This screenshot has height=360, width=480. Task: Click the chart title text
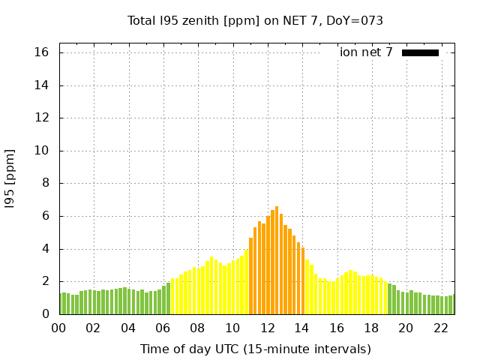(x=255, y=20)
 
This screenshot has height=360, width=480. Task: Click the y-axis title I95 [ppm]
(x=10, y=178)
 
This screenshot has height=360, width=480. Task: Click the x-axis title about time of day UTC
(x=255, y=349)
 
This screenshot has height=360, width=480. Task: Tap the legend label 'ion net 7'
(x=366, y=52)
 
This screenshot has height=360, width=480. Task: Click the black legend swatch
(x=420, y=52)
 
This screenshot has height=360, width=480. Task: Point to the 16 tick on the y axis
(x=41, y=52)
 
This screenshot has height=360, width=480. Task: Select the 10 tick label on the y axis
(x=41, y=151)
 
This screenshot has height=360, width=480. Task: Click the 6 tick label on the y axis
(x=45, y=216)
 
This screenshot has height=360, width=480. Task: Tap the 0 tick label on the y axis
(x=45, y=314)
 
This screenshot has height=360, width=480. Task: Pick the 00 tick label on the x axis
(x=58, y=328)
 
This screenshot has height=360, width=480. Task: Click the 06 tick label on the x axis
(x=163, y=328)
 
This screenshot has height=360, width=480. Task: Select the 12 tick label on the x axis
(x=267, y=328)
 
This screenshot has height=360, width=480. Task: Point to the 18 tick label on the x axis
(x=371, y=328)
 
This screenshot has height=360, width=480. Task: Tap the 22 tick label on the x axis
(x=440, y=328)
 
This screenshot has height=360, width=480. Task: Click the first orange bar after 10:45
(x=250, y=276)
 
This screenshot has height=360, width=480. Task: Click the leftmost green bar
(x=61, y=304)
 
